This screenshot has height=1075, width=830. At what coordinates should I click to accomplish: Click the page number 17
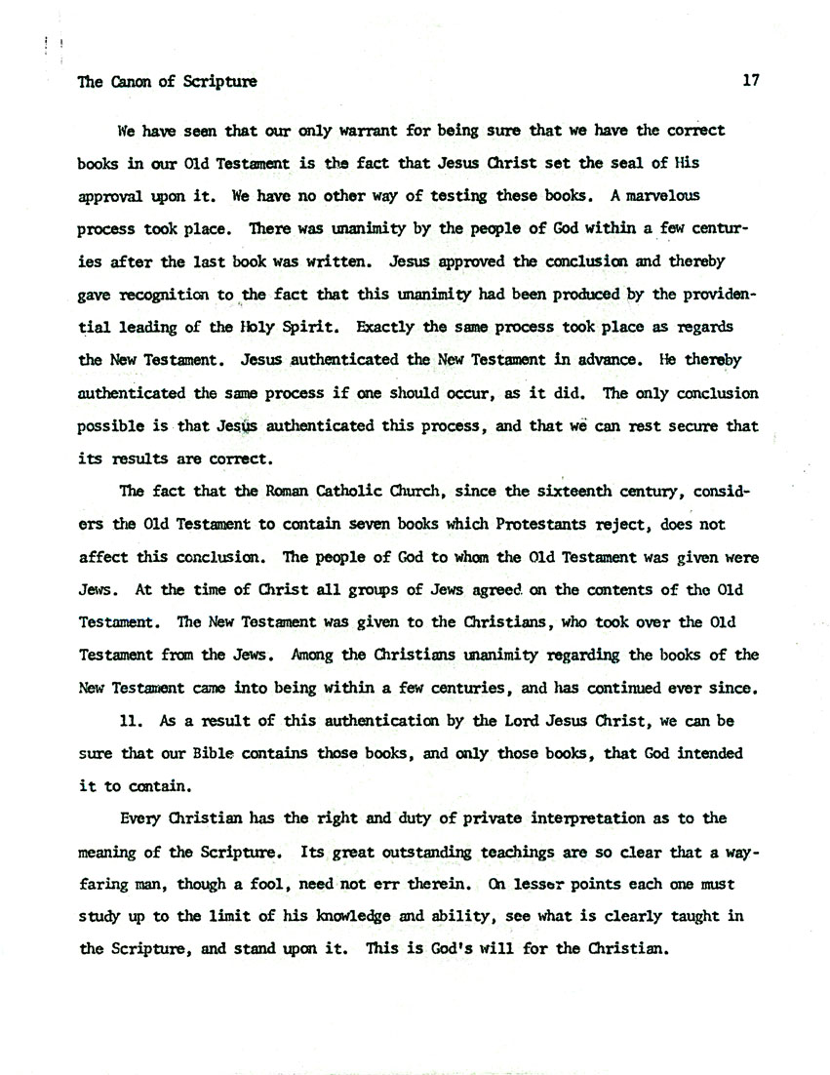click(x=750, y=82)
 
